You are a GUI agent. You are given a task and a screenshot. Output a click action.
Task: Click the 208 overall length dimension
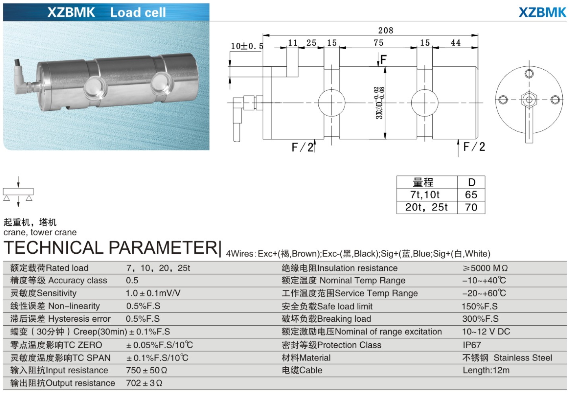point(385,30)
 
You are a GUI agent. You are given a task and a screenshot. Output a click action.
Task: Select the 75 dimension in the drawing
point(378,43)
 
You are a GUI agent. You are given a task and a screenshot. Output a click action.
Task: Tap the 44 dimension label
point(455,43)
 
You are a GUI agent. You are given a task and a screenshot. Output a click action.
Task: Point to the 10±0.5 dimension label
point(247,46)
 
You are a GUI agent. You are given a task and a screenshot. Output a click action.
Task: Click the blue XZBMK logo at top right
point(542,12)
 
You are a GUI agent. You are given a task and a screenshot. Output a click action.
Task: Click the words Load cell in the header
point(138,13)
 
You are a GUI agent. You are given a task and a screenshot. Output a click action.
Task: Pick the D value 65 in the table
point(471,195)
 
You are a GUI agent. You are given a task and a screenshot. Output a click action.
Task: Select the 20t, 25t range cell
point(426,207)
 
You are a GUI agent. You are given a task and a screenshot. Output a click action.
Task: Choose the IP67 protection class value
point(471,345)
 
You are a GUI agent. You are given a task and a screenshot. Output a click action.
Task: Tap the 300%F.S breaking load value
point(480,319)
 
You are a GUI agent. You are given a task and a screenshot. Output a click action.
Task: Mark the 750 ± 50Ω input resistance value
point(147,371)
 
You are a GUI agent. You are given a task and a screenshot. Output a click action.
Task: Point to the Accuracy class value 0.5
point(132,281)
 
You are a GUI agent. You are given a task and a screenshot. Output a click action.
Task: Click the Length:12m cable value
point(486,371)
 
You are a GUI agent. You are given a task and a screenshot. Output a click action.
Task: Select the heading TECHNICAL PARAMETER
point(111,248)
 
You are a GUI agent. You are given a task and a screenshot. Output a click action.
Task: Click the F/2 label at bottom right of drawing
point(474,147)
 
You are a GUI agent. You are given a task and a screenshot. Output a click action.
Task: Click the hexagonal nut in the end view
point(529,100)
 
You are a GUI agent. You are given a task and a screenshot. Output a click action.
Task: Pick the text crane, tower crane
point(40,233)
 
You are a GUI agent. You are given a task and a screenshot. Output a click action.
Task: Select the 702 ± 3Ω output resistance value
point(144,383)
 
